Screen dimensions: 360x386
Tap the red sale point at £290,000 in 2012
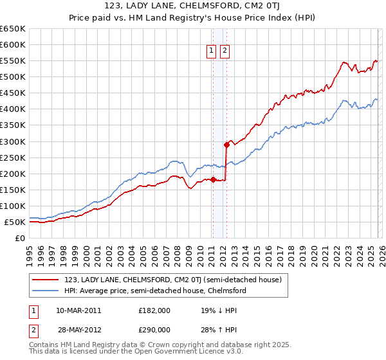pyautogui.click(x=226, y=145)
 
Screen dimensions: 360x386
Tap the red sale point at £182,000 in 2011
pyautogui.click(x=212, y=179)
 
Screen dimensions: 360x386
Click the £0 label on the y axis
pyautogui.click(x=19, y=239)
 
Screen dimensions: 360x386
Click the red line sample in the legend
pyautogui.click(x=46, y=280)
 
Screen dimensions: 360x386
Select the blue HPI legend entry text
pyautogui.click(x=155, y=291)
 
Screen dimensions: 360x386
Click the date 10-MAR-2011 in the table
pyautogui.click(x=78, y=310)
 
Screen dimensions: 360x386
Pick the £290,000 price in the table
pyautogui.click(x=154, y=329)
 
